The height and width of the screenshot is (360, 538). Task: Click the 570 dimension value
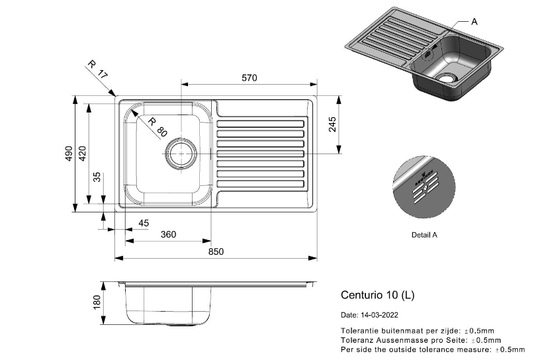[249, 77]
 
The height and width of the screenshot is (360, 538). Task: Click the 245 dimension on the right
[333, 124]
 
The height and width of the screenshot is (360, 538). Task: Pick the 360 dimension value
[169, 234]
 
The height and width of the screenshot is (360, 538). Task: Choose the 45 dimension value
[143, 223]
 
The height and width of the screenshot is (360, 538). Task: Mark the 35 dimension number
[97, 177]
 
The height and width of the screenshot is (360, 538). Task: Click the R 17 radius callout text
[97, 70]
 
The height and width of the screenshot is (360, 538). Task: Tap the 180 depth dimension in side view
[97, 303]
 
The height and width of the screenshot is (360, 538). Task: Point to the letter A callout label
[474, 21]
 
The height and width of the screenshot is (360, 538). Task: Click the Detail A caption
[424, 234]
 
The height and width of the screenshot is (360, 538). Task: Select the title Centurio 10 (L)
[377, 294]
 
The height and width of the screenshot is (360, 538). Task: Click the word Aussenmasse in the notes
[396, 339]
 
